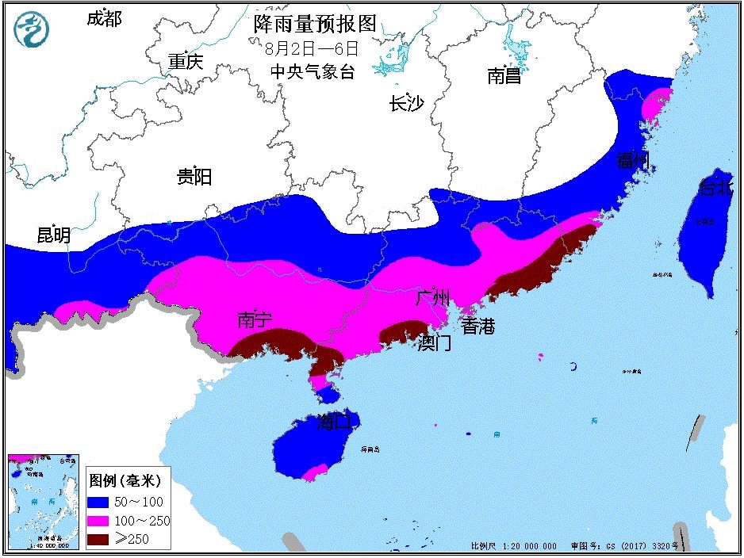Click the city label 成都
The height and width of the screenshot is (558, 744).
104,19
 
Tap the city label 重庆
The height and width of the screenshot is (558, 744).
186,62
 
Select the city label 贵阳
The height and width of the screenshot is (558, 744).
194,176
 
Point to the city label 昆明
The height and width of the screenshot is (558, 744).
54,235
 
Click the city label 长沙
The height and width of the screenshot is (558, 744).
407,104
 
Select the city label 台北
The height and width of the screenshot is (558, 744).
715,188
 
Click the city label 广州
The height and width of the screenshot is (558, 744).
433,298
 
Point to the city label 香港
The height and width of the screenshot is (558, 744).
478,325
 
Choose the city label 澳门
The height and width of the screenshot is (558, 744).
435,343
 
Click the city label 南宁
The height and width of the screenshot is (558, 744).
255,319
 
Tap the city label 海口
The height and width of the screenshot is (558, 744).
334,422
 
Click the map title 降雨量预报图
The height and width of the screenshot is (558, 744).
315,24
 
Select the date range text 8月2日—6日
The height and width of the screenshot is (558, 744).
313,48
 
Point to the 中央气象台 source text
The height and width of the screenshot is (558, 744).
313,72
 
